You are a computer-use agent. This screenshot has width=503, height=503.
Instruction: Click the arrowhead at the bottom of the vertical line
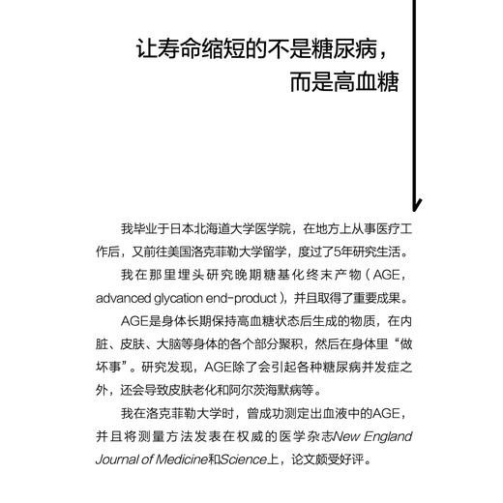pyautogui.click(x=417, y=204)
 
